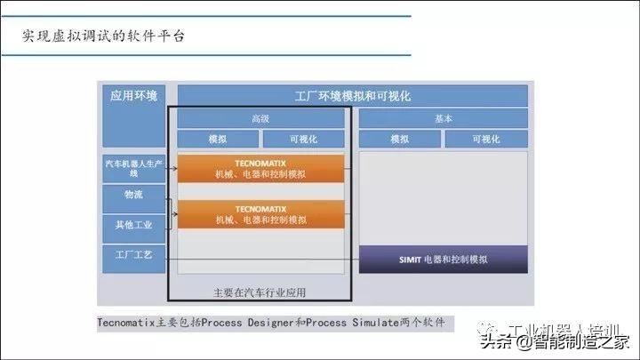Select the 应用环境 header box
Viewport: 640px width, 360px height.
click(133, 96)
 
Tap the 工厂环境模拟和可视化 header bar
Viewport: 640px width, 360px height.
click(353, 96)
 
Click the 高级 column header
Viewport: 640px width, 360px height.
click(260, 118)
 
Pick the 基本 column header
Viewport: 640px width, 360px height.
click(443, 118)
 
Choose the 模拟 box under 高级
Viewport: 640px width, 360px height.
click(218, 139)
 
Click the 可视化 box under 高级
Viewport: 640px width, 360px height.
click(302, 139)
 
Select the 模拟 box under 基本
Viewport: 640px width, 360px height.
click(400, 139)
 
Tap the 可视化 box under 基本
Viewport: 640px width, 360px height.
click(485, 139)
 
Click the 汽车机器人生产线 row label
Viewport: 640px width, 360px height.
click(133, 168)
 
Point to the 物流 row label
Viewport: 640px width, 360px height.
click(133, 195)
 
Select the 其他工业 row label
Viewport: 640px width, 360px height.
click(133, 224)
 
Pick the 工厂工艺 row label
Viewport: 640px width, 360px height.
click(133, 255)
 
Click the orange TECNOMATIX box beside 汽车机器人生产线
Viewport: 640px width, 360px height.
click(260, 168)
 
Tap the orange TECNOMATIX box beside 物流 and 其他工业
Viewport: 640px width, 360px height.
click(260, 213)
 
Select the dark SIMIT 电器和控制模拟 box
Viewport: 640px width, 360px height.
click(443, 260)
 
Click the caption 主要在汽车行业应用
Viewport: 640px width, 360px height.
click(260, 292)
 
